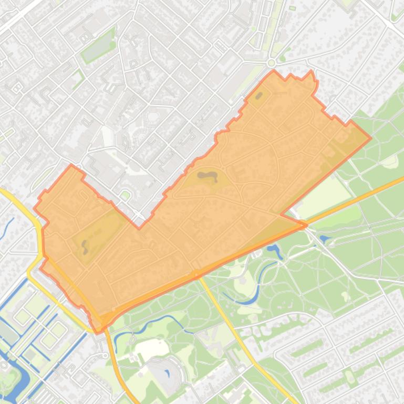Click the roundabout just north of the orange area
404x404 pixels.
271,63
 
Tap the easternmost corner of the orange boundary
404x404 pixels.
371,138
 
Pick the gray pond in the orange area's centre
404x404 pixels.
207,176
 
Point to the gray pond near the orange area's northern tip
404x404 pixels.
260,96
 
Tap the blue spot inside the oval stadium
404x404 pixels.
168,374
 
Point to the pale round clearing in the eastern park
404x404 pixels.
390,162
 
